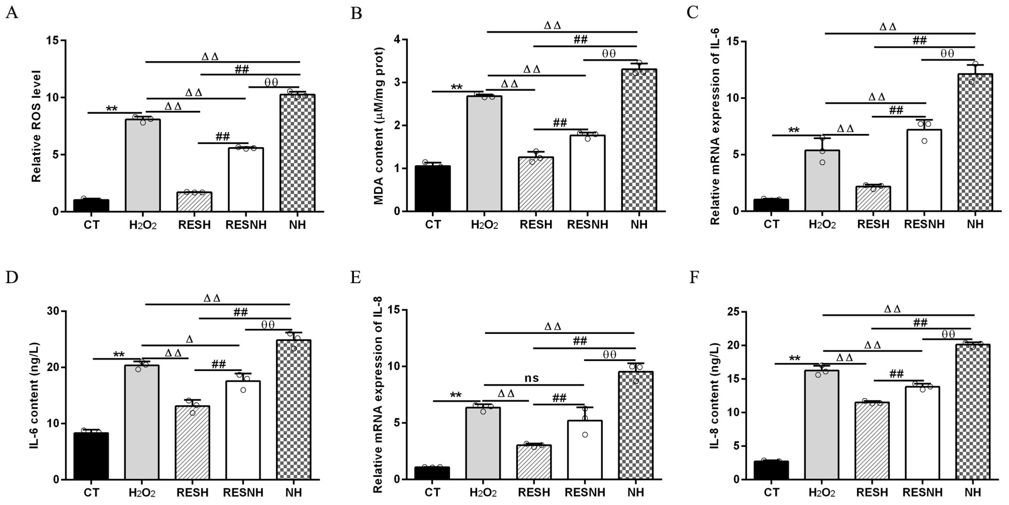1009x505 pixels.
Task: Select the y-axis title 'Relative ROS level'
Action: pos(36,126)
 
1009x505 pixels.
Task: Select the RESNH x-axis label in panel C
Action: pos(924,224)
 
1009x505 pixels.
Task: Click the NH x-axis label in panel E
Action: pos(635,492)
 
